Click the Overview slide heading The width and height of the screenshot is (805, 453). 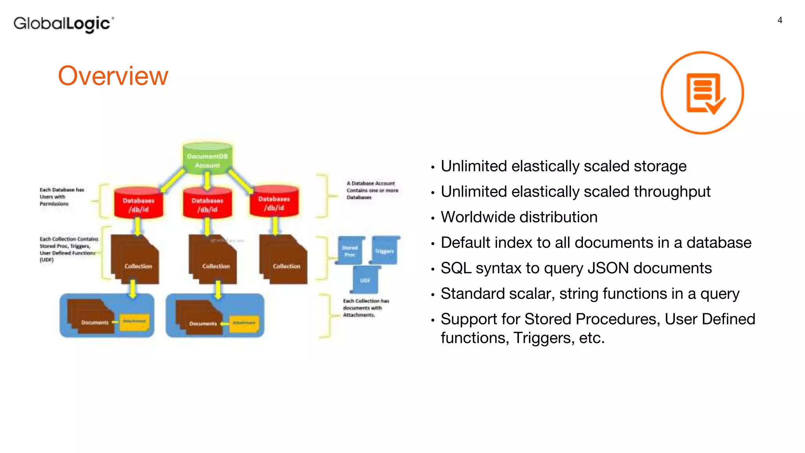pos(113,76)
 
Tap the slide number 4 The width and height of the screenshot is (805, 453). pos(780,20)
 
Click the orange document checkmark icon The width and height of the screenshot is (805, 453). pos(702,93)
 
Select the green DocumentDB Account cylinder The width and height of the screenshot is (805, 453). pos(208,158)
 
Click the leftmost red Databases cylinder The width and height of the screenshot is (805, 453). pos(138,203)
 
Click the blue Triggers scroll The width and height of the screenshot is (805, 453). pos(384,250)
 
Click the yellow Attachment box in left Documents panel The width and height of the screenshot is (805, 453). pos(134,322)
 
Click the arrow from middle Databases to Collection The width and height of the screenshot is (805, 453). pos(207,226)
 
